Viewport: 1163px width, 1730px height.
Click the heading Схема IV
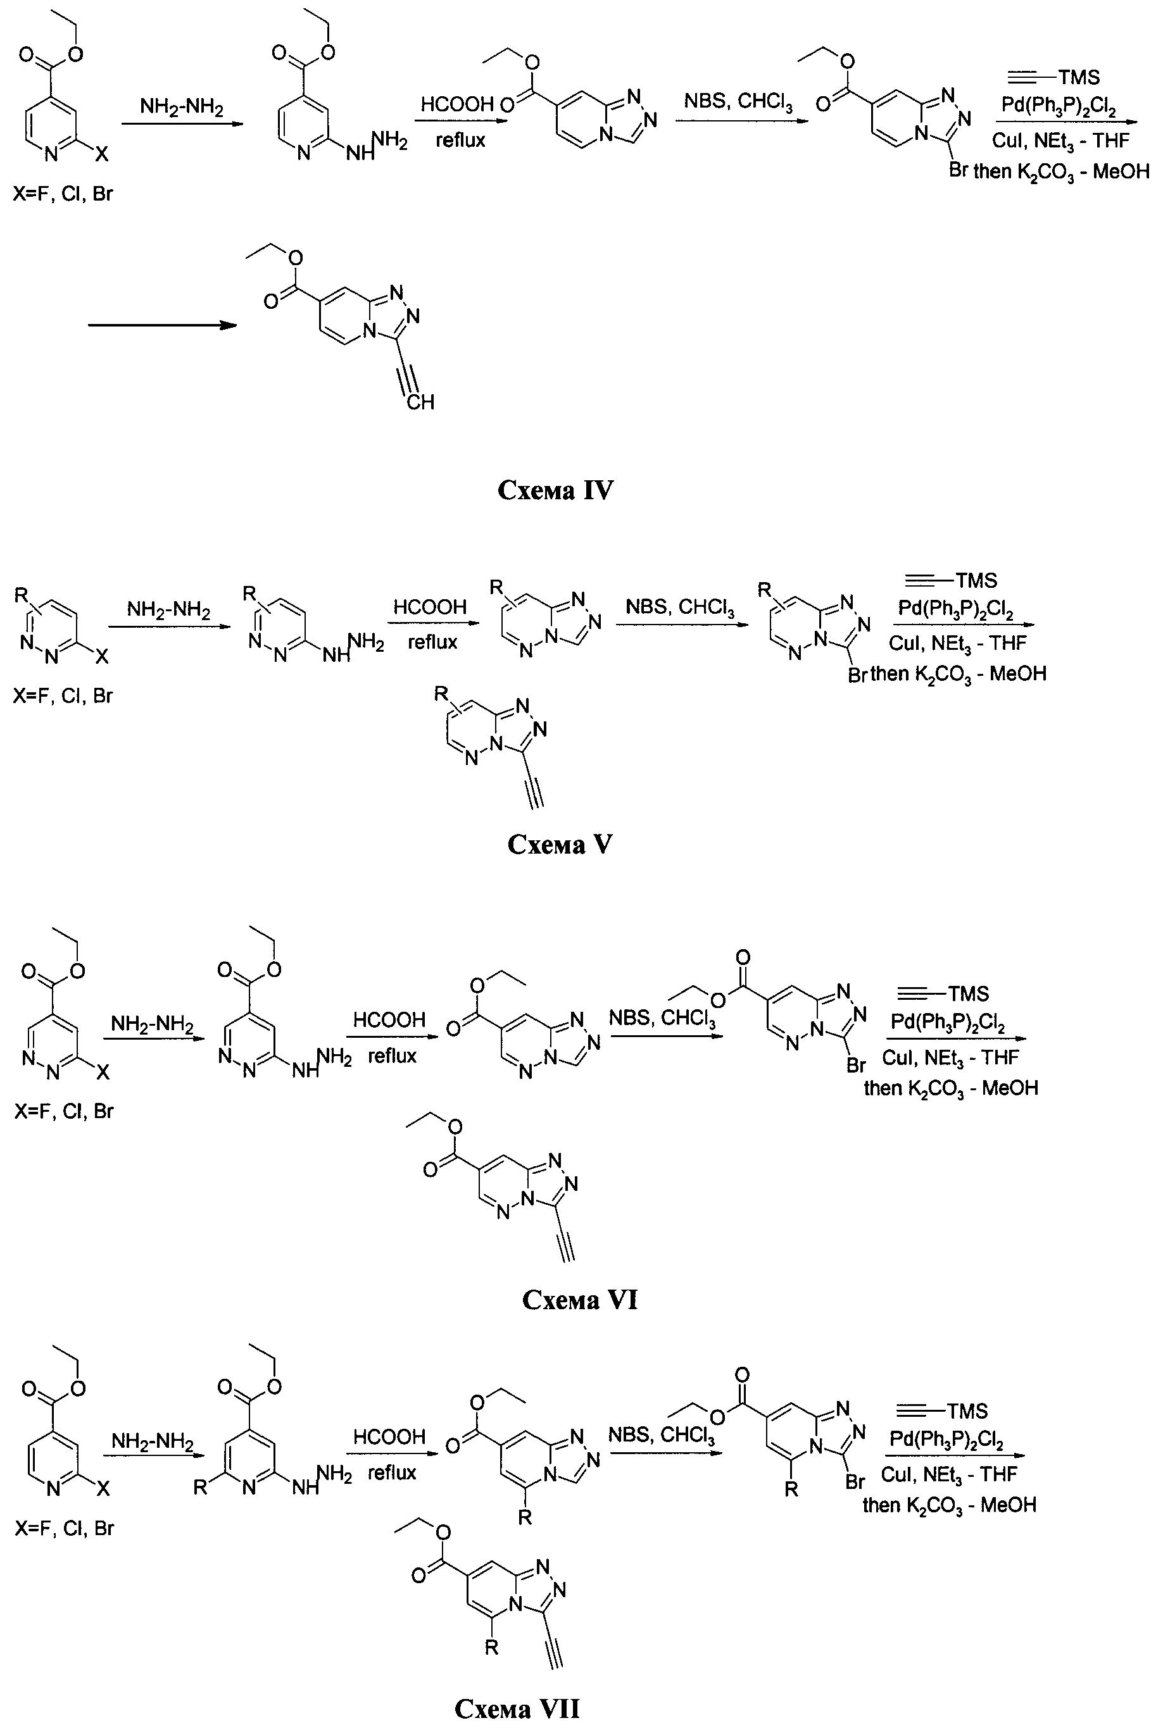(x=555, y=490)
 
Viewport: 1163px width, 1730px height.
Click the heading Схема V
(x=560, y=844)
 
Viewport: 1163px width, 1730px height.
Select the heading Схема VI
(x=579, y=1299)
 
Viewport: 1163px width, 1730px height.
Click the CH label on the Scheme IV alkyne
(x=420, y=402)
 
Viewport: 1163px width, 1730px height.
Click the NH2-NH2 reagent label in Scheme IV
(x=182, y=108)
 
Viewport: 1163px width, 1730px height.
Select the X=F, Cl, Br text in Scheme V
(x=63, y=696)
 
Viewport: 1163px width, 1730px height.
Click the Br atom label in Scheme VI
(x=856, y=1066)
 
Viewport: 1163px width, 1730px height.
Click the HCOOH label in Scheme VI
(x=389, y=1020)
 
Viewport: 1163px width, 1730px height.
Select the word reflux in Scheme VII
(x=392, y=1472)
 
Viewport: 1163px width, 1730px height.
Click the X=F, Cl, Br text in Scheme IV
(x=63, y=194)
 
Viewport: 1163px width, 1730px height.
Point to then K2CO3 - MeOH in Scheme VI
(x=951, y=1088)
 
